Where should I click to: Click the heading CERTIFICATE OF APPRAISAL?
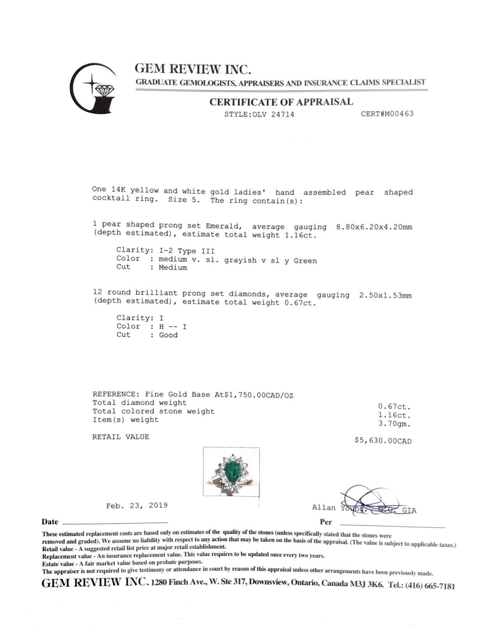tap(281, 102)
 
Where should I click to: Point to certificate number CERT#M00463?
tap(387, 114)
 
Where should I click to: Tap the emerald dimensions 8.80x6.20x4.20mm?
tap(374, 227)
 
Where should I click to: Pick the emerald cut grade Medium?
tap(173, 267)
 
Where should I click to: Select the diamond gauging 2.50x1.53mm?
tap(385, 295)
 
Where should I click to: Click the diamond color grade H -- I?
tap(173, 327)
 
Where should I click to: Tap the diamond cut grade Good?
tap(168, 335)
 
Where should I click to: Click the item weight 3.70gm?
tap(394, 424)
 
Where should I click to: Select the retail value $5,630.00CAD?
tap(383, 441)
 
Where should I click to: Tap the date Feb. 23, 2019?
tap(137, 505)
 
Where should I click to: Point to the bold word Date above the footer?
tap(50, 522)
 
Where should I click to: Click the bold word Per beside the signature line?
tap(326, 522)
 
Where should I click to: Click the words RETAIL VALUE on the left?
tap(121, 437)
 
